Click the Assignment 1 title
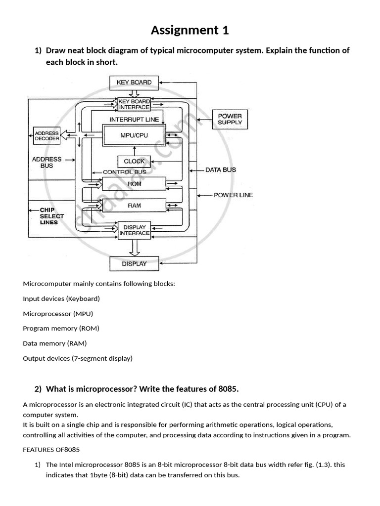190,30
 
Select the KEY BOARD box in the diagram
134,83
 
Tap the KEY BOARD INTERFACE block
134,104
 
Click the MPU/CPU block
134,135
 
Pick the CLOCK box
134,162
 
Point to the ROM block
134,184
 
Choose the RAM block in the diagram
134,206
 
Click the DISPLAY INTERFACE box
134,230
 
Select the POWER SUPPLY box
230,120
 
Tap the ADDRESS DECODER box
47,136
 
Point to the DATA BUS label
221,170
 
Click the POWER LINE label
234,195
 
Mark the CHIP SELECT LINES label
51,216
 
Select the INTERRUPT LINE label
134,120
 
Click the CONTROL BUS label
124,172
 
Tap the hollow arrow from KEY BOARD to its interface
134,93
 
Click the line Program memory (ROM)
61,329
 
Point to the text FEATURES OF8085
51,450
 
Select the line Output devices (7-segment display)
78,359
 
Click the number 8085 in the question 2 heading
228,389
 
